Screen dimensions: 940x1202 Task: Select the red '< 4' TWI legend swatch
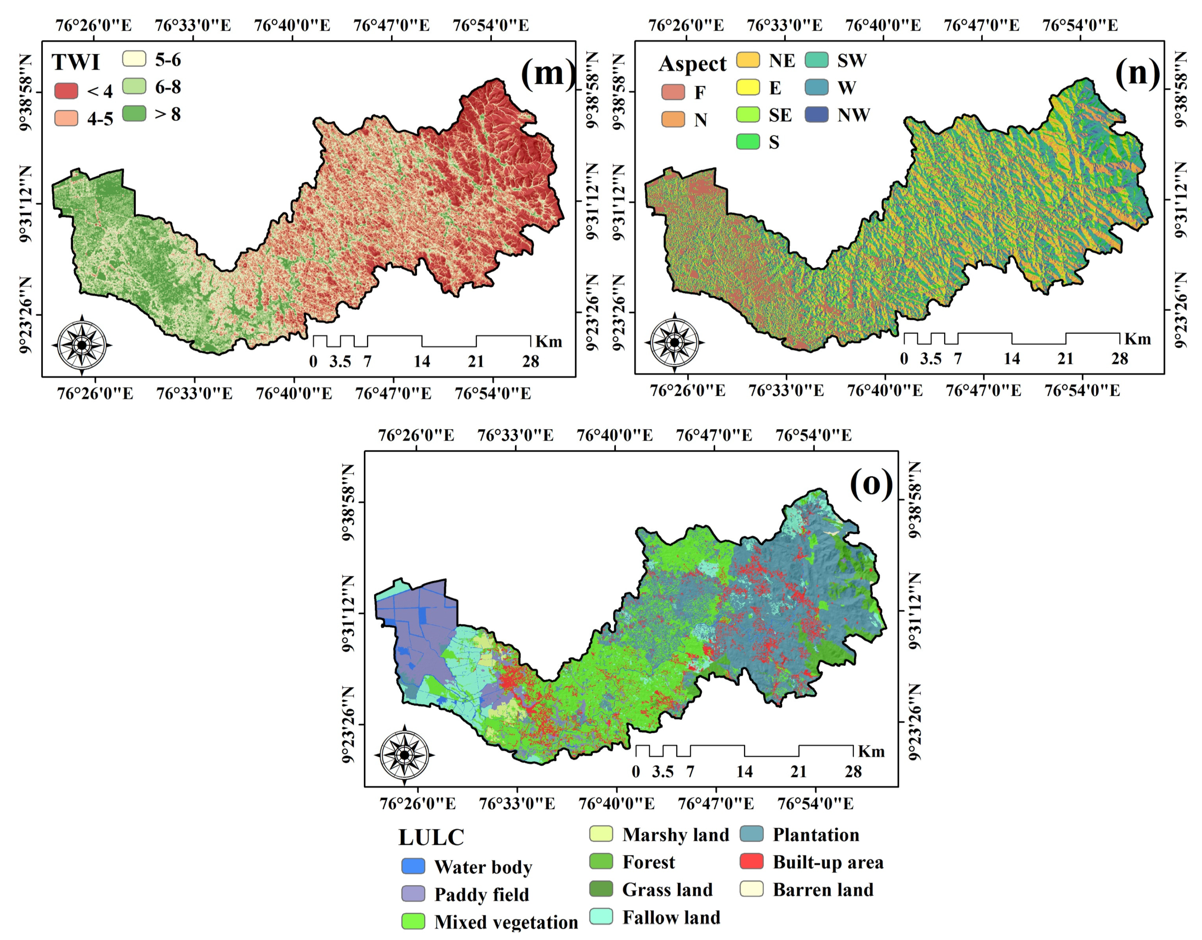click(x=66, y=91)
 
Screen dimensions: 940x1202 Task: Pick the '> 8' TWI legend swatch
click(x=134, y=113)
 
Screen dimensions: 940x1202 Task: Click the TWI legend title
click(x=76, y=62)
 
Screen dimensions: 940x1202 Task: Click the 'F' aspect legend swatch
click(x=673, y=92)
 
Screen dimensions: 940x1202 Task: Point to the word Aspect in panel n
click(x=692, y=64)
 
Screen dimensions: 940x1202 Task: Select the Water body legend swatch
click(x=413, y=866)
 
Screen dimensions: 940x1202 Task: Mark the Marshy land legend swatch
click(x=601, y=834)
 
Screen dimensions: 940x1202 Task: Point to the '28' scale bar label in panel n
click(x=1119, y=359)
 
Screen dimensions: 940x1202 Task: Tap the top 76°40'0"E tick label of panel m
click(x=292, y=25)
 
